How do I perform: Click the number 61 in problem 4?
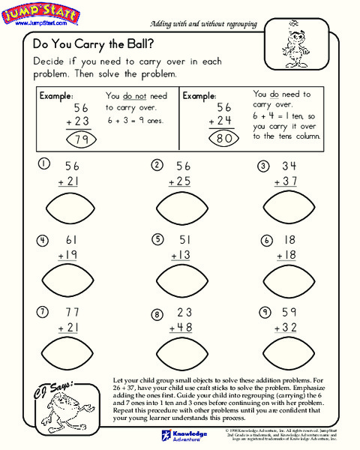pos(72,239)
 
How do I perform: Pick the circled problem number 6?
pos(266,241)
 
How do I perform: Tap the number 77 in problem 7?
pos(72,312)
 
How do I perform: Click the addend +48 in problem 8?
pos(181,328)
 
